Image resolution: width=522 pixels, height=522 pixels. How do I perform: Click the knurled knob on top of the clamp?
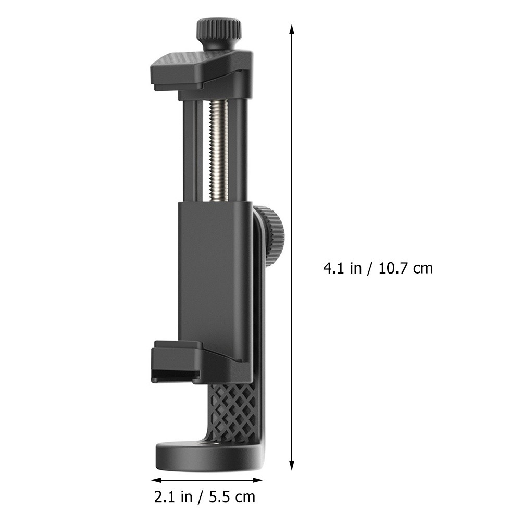(219, 31)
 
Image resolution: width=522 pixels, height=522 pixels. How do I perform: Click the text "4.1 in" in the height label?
(342, 268)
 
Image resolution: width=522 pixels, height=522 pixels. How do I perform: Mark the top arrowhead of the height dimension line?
(292, 29)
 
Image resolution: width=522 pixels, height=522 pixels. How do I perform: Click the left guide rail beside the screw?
(190, 151)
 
